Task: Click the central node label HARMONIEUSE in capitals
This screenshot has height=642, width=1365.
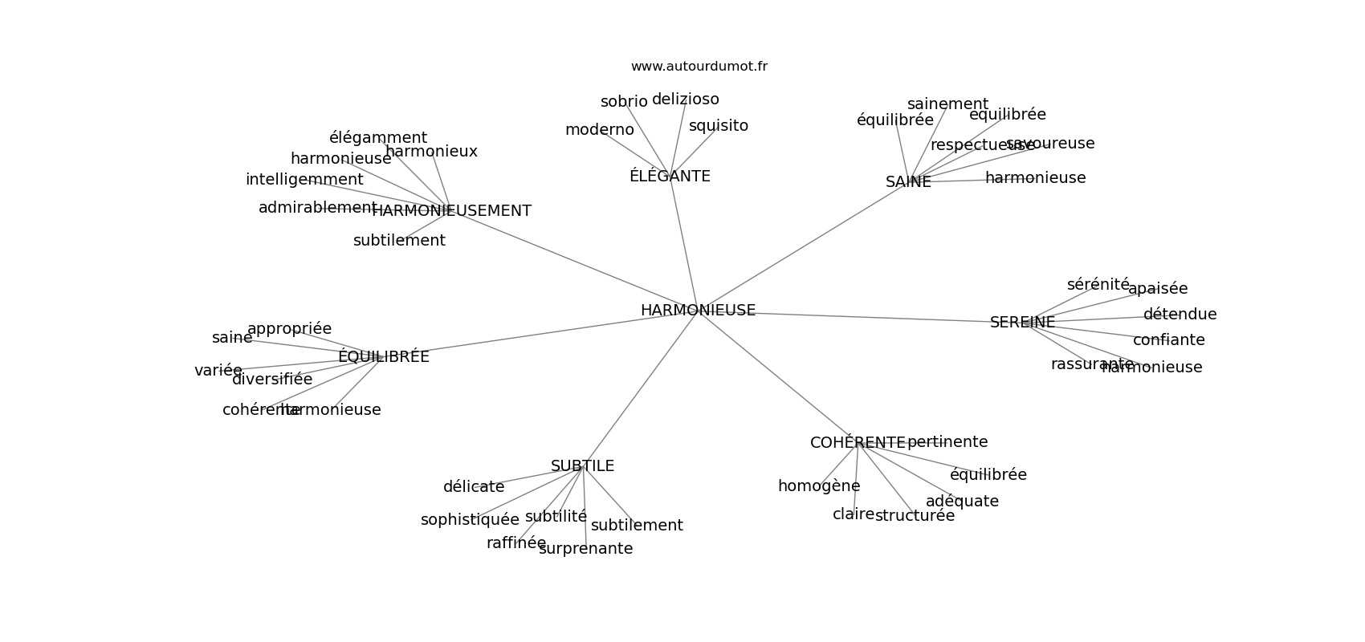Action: pos(698,311)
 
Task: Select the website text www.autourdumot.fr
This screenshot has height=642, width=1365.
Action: pos(699,67)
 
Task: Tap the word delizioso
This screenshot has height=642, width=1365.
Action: pos(685,100)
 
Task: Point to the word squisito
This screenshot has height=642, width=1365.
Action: pos(718,126)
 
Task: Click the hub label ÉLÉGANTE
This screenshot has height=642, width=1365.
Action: pos(670,177)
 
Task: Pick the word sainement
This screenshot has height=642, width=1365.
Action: pos(947,104)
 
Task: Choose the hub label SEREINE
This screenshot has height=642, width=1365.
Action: pos(1022,323)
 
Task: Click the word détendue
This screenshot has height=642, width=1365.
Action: pos(1180,315)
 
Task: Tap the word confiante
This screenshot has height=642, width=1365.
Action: pos(1168,340)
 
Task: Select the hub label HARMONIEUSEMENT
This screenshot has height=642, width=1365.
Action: pos(451,211)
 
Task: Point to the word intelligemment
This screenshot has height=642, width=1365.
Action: pos(304,180)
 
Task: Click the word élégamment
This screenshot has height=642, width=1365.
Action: pos(377,138)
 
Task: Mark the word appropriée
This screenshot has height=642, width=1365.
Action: pos(289,329)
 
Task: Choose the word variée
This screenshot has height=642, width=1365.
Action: pos(218,371)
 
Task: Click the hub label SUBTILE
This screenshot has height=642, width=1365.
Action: pos(582,466)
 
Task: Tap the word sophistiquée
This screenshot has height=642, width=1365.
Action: pos(470,520)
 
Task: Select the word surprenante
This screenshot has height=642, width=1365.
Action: pos(585,549)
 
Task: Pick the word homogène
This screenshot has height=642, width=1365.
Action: pos(819,486)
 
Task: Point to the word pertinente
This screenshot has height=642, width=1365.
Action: pos(947,442)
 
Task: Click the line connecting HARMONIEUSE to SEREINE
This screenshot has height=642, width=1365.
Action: pos(859,317)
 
